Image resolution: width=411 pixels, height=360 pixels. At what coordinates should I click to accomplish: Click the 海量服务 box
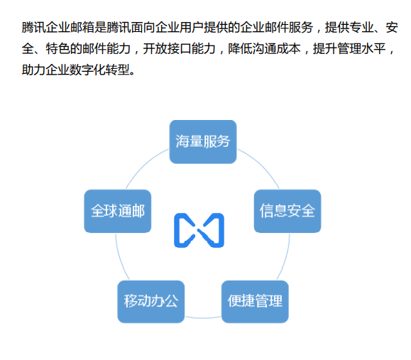click(203, 141)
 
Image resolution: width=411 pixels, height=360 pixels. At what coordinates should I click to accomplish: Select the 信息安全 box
click(287, 211)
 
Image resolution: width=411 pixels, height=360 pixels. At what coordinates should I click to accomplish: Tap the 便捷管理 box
click(255, 301)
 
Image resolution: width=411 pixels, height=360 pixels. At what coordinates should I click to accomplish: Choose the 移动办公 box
click(150, 301)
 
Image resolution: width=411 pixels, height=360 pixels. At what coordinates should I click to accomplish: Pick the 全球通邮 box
click(118, 211)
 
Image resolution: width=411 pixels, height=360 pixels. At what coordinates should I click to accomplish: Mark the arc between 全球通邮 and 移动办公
click(121, 259)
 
